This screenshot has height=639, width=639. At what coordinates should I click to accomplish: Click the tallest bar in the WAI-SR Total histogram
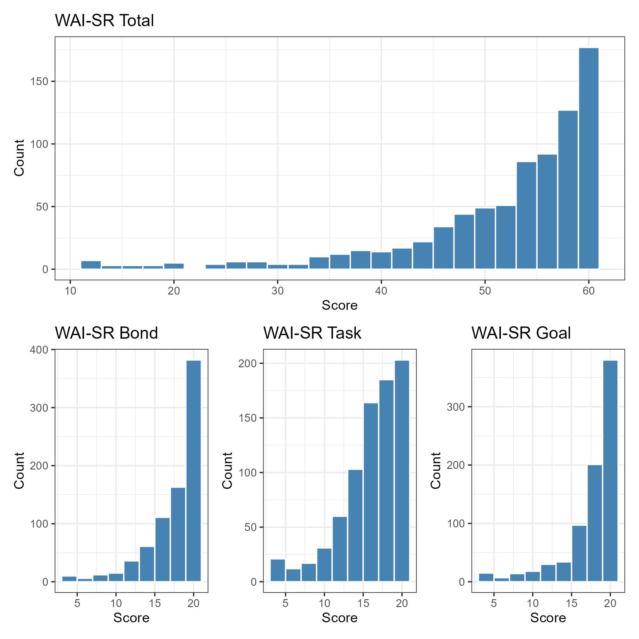coord(588,159)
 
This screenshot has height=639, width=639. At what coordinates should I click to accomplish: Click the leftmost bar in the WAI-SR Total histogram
coord(91,265)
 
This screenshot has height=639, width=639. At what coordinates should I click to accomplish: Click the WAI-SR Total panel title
coord(104,20)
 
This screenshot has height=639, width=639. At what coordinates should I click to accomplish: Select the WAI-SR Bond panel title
coord(106,333)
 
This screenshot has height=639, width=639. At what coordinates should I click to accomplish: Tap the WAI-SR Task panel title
coord(312,333)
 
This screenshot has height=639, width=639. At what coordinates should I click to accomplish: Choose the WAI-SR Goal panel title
coord(521,333)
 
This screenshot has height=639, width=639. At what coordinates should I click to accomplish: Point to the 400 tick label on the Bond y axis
coord(39,350)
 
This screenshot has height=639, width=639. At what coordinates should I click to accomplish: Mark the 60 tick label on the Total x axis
coord(588,291)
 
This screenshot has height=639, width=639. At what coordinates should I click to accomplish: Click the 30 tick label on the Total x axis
coord(278,291)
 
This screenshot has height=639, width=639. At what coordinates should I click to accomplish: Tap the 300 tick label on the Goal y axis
coord(456,407)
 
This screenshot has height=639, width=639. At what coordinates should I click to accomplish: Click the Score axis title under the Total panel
coord(340,305)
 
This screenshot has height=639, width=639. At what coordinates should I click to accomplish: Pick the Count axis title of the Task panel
coord(228,471)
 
